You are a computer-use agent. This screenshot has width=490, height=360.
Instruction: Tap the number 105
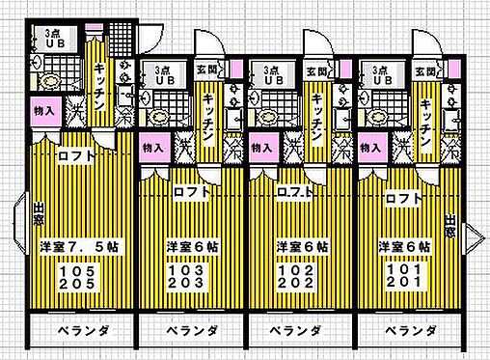point(76,272)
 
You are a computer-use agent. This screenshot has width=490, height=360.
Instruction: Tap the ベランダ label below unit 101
point(406,331)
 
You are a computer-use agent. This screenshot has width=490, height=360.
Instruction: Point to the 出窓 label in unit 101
point(450,228)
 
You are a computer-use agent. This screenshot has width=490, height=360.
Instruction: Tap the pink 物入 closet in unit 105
point(44,111)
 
